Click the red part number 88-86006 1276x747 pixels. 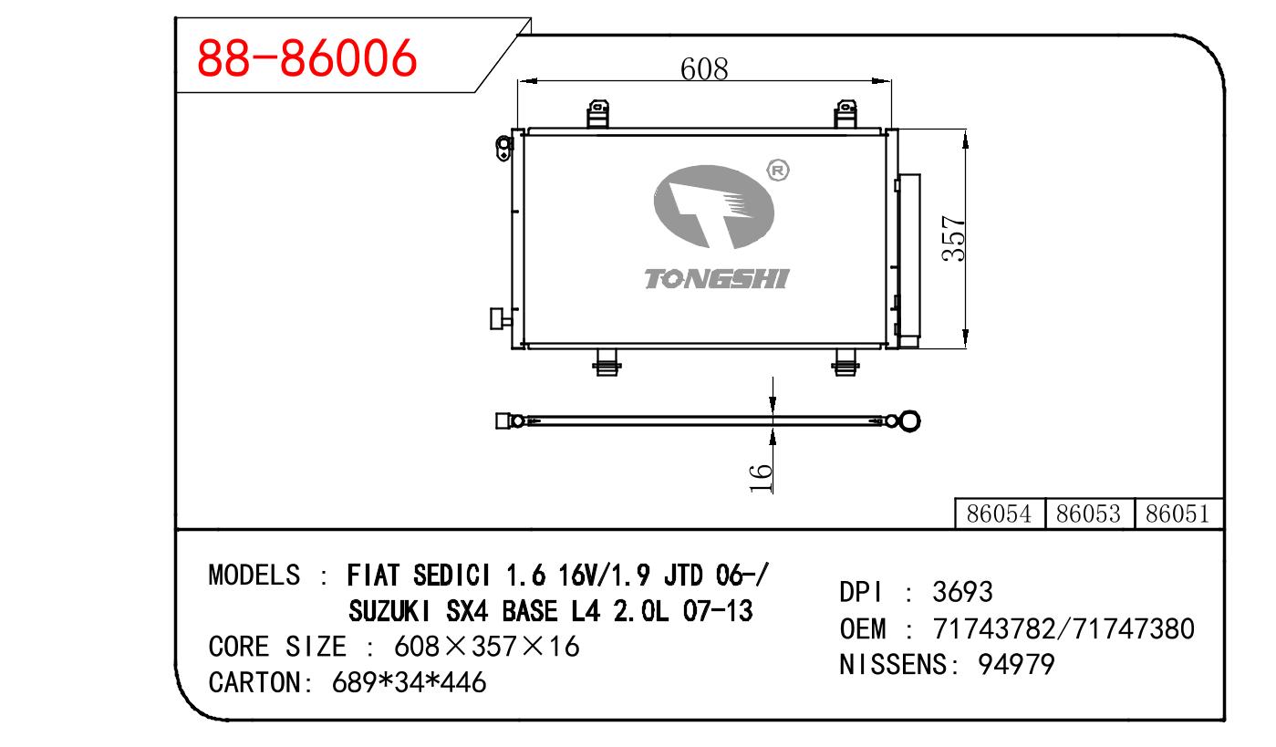pos(306,57)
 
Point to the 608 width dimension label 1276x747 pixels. pos(704,69)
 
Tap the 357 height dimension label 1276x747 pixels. pos(954,238)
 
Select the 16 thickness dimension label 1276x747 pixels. pos(761,478)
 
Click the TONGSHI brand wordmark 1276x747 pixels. pos(717,278)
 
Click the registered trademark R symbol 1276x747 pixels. pos(778,171)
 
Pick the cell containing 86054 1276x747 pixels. pos(1000,514)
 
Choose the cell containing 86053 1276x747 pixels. pos(1089,514)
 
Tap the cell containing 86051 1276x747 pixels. pos(1178,514)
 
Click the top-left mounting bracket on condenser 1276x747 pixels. pos(598,114)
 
